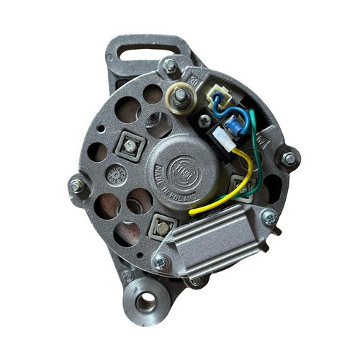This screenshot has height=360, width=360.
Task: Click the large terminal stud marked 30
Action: coord(179,96)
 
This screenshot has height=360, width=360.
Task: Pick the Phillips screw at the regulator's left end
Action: coord(161,264)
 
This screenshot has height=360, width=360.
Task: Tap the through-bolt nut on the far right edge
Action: coord(289,158)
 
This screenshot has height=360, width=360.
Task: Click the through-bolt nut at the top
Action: coord(171,66)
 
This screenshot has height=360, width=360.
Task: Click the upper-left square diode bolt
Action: coord(130,146)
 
